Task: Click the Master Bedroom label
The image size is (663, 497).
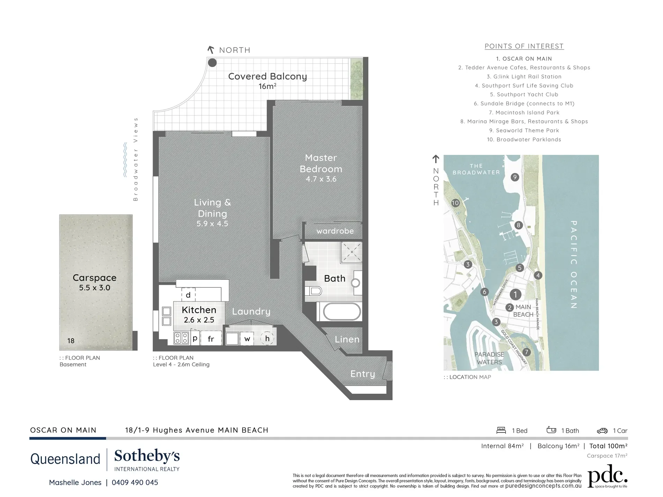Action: click(321, 163)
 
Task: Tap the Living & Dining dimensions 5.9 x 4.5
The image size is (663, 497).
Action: click(212, 224)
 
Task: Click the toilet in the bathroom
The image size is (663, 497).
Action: click(314, 291)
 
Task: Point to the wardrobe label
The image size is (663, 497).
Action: click(335, 231)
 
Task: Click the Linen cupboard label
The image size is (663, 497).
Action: click(347, 339)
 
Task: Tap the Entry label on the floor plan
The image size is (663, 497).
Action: click(363, 374)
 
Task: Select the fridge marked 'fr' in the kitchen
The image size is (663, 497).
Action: click(211, 339)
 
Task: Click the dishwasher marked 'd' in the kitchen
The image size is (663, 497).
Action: click(188, 295)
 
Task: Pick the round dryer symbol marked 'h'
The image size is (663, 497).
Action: click(267, 338)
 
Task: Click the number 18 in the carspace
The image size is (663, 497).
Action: click(71, 341)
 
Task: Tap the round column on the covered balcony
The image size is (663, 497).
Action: click(212, 63)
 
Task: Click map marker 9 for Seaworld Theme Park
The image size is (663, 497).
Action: click(515, 177)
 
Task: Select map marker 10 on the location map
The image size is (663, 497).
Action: click(455, 203)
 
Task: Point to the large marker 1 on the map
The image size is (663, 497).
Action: click(515, 294)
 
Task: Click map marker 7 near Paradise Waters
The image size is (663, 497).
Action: click(527, 352)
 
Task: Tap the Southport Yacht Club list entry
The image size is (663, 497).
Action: click(524, 95)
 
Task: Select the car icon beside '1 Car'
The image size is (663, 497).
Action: click(602, 431)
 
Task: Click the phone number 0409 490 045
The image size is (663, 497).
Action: click(135, 483)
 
